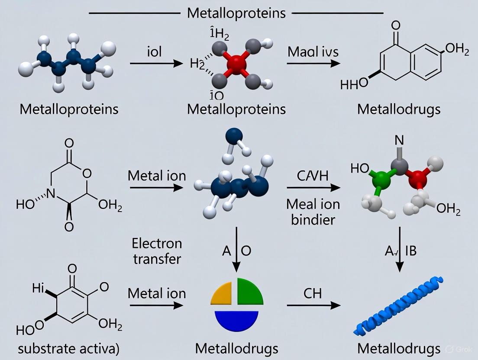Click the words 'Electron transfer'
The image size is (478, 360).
pos(157,251)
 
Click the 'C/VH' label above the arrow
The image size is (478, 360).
pos(313,177)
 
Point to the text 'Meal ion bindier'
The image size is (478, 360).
pos(313,211)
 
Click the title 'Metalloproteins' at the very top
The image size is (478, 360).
pos(236,13)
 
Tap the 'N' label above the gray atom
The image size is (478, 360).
pos(399,141)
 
